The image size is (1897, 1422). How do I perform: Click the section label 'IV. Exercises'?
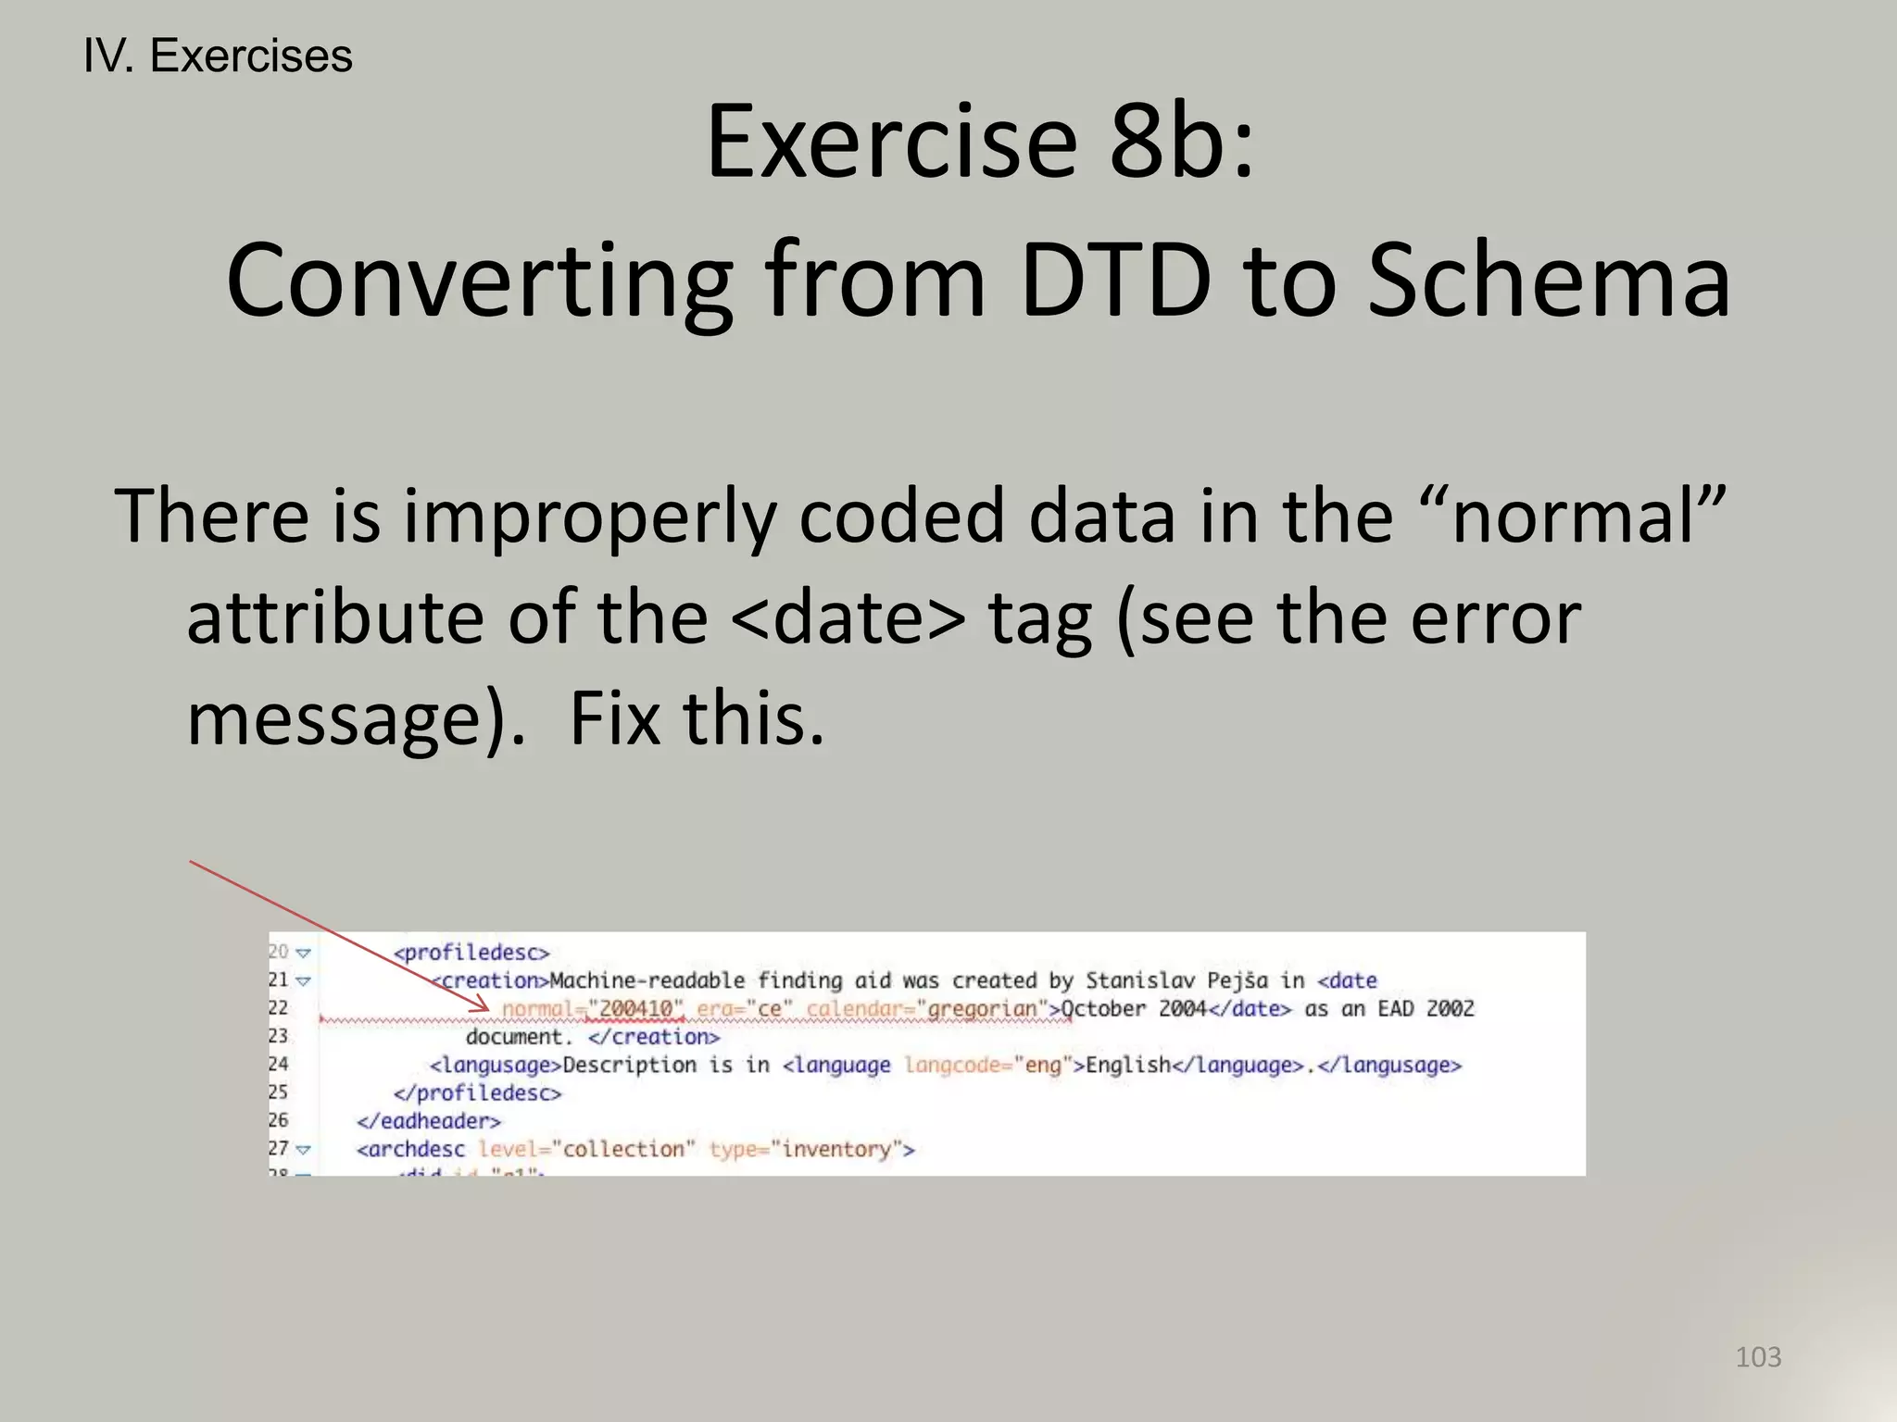pyautogui.click(x=218, y=56)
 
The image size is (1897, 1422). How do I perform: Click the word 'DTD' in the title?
pyautogui.click(x=1114, y=281)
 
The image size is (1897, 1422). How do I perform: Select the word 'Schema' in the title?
pyautogui.click(x=1548, y=281)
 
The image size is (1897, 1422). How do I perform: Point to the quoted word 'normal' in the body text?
pyautogui.click(x=1587, y=516)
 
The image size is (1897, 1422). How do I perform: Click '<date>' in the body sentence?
pyautogui.click(x=848, y=617)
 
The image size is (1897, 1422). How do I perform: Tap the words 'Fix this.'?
pyautogui.click(x=697, y=719)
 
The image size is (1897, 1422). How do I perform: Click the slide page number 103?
pyautogui.click(x=1757, y=1357)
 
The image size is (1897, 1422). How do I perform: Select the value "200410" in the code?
pyautogui.click(x=635, y=1008)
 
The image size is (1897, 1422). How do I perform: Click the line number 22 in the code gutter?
pyautogui.click(x=278, y=1007)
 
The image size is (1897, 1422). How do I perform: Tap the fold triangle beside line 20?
pyautogui.click(x=303, y=953)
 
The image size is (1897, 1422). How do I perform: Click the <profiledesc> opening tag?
pyautogui.click(x=471, y=953)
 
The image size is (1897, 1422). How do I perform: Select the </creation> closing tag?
pyautogui.click(x=654, y=1037)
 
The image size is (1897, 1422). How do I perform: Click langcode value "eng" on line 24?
pyautogui.click(x=1042, y=1066)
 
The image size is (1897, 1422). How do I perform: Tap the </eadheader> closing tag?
pyautogui.click(x=429, y=1121)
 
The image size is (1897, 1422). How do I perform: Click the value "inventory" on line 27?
pyautogui.click(x=835, y=1149)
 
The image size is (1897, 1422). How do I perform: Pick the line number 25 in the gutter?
pyautogui.click(x=278, y=1092)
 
